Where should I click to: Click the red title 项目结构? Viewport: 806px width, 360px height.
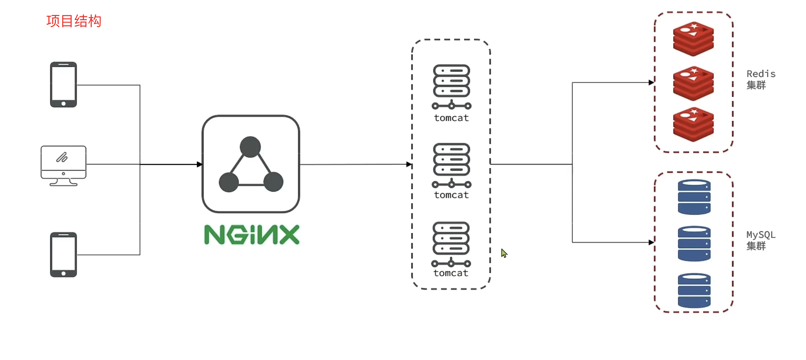point(74,21)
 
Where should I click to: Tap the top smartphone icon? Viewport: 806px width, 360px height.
point(63,85)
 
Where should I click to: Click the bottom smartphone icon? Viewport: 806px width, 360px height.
point(63,255)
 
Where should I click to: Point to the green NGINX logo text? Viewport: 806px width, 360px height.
point(252,235)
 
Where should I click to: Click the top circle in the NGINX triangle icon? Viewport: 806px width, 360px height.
point(250,147)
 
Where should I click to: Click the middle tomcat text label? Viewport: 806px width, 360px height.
point(451,195)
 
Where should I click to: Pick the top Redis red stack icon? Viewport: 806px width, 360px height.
point(693,39)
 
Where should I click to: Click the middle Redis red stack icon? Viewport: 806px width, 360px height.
point(693,83)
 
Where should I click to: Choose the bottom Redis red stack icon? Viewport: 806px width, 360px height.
point(693,124)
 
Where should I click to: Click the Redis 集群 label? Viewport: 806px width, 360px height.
point(761,79)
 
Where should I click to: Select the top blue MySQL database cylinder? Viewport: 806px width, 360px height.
point(694,197)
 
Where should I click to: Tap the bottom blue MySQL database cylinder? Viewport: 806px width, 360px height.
point(694,290)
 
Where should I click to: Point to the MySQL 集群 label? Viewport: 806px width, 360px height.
point(761,240)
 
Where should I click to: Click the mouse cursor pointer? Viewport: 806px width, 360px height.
point(504,253)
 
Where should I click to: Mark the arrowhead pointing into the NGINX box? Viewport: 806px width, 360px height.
point(199,164)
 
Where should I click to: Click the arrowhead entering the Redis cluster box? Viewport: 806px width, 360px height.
point(651,83)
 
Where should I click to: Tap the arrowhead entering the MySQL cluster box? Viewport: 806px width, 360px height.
point(651,242)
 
